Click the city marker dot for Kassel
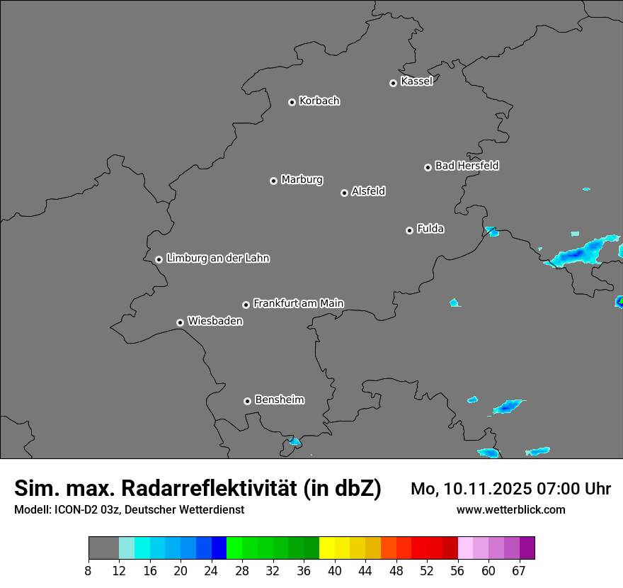pyautogui.click(x=393, y=83)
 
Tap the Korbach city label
pyautogui.click(x=319, y=101)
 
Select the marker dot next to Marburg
pyautogui.click(x=273, y=181)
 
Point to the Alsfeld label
pyautogui.click(x=368, y=191)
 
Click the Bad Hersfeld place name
pyautogui.click(x=467, y=166)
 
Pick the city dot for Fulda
pyautogui.click(x=409, y=230)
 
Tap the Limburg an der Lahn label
pyautogui.click(x=217, y=259)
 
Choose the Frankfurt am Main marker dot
pyautogui.click(x=246, y=305)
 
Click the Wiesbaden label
pyautogui.click(x=215, y=322)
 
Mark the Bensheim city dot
pyautogui.click(x=247, y=401)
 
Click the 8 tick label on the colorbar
pyautogui.click(x=88, y=570)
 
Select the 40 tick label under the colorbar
pyautogui.click(x=335, y=570)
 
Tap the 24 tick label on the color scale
pyautogui.click(x=212, y=570)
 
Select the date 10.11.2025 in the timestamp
pyautogui.click(x=481, y=489)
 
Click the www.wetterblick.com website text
pyautogui.click(x=510, y=509)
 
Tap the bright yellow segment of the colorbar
pyautogui.click(x=327, y=548)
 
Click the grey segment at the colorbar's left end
pyautogui.click(x=103, y=548)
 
